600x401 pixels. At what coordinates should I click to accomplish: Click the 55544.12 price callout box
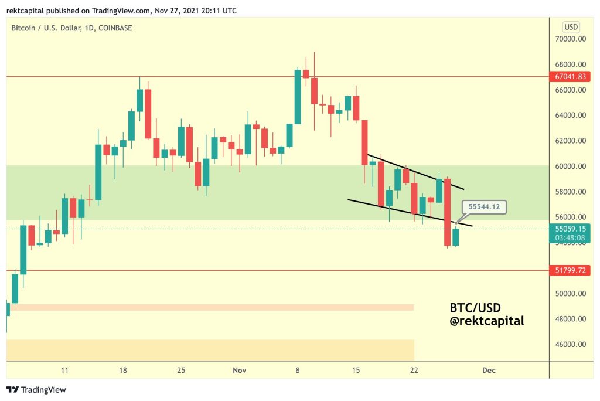[483, 206]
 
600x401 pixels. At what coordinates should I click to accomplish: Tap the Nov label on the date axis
[239, 371]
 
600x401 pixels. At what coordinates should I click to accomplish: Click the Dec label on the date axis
[487, 371]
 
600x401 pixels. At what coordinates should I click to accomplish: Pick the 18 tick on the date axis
[122, 371]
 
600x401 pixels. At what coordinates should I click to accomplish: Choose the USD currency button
[571, 26]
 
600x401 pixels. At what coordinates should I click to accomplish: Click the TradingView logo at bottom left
[36, 389]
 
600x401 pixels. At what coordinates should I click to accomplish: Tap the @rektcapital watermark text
[487, 321]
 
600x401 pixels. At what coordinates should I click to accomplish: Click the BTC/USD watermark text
[475, 308]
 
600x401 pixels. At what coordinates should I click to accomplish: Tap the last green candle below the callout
[456, 237]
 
